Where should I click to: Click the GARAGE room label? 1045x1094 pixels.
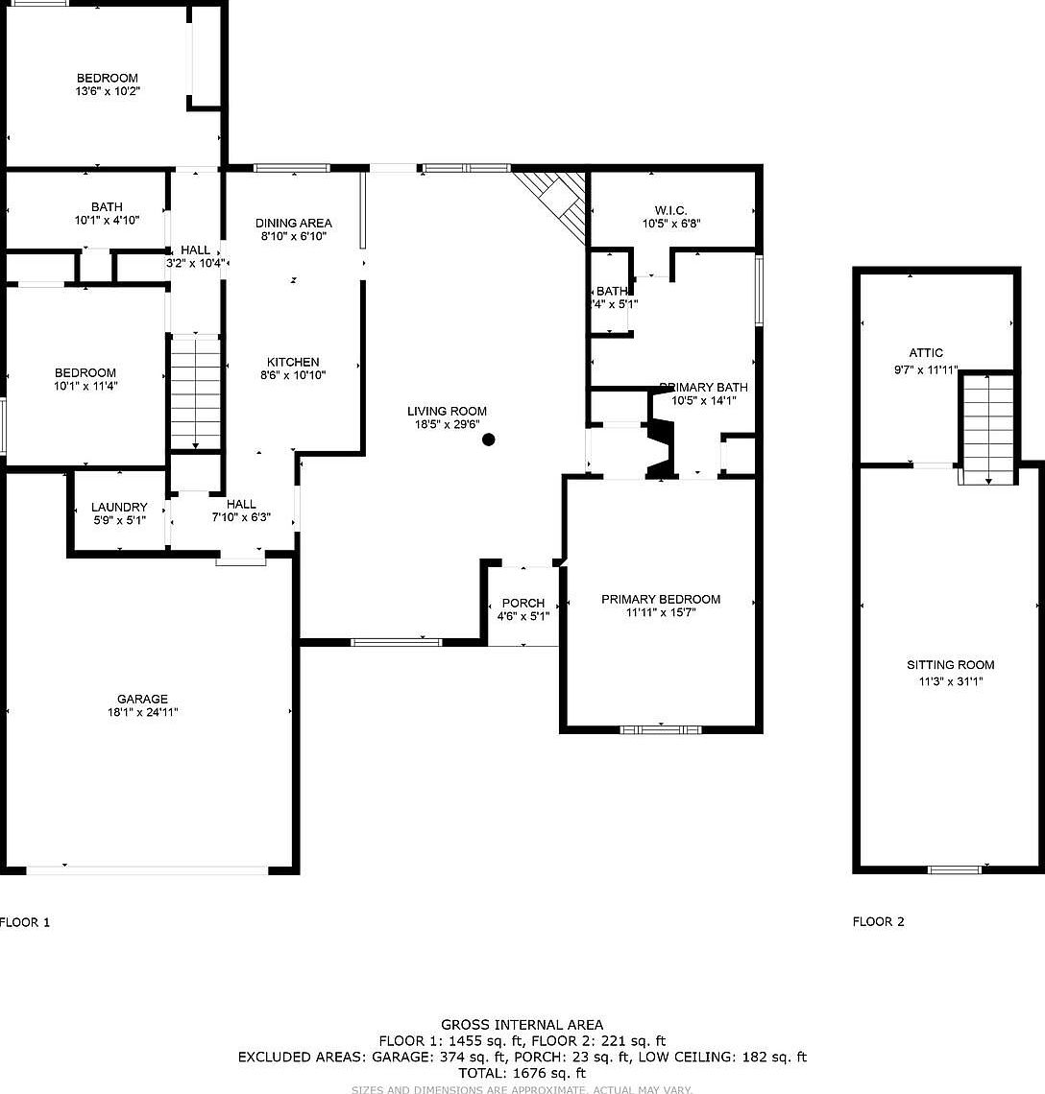[142, 700]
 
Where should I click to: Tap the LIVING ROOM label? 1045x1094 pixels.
[447, 411]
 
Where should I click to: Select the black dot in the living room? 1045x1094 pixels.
[488, 440]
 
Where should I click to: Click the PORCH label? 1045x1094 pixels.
[522, 603]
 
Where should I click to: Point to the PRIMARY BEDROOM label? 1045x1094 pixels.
[660, 599]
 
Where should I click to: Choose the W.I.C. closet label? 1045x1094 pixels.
[671, 210]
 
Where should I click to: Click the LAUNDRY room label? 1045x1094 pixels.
[119, 507]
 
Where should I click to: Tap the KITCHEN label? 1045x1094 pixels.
[293, 362]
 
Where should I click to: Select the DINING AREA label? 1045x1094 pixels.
[293, 223]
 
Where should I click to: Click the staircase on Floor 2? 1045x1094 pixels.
[988, 428]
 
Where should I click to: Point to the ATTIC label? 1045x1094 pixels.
[926, 353]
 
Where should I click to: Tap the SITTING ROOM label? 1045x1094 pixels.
[950, 665]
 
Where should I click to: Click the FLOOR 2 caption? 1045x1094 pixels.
[878, 922]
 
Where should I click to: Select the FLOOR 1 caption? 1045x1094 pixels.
[25, 922]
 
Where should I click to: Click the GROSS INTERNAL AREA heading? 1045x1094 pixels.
[522, 1025]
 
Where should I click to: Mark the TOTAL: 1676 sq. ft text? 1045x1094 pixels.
[522, 1073]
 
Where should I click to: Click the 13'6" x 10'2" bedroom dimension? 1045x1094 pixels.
[108, 91]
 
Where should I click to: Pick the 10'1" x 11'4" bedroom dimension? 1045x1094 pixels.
[85, 386]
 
